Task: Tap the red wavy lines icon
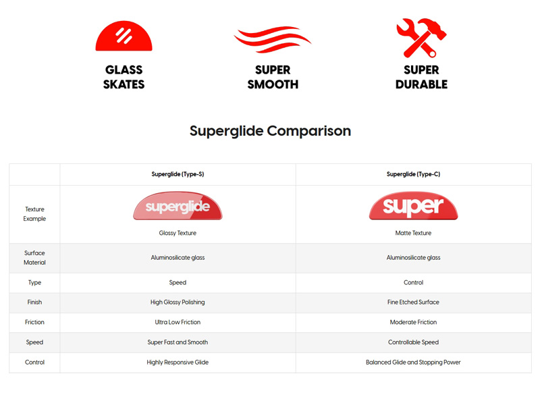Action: pyautogui.click(x=273, y=39)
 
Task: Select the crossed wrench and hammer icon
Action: pyautogui.click(x=421, y=38)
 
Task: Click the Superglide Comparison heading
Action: pyautogui.click(x=271, y=131)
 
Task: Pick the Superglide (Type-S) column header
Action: pyautogui.click(x=178, y=174)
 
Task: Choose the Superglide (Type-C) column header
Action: pyautogui.click(x=413, y=174)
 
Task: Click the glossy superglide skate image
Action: pyautogui.click(x=178, y=206)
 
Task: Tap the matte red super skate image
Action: pyautogui.click(x=413, y=206)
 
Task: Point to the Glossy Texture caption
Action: pyautogui.click(x=178, y=234)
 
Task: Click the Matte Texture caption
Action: pyautogui.click(x=413, y=234)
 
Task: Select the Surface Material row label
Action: pyautogui.click(x=34, y=258)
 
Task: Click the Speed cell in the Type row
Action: pyautogui.click(x=178, y=282)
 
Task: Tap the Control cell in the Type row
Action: pyautogui.click(x=413, y=282)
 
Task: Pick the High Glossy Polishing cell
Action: pyautogui.click(x=178, y=302)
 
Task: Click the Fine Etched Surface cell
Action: pyautogui.click(x=413, y=302)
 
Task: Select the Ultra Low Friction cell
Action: pyautogui.click(x=178, y=322)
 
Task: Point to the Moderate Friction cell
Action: pyautogui.click(x=413, y=322)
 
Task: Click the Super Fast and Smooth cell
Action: pyautogui.click(x=178, y=342)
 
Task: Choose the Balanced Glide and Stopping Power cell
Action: pyautogui.click(x=413, y=363)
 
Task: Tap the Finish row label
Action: pyautogui.click(x=34, y=302)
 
